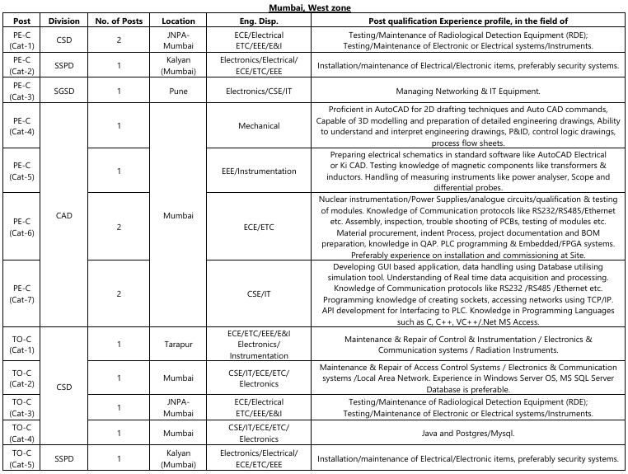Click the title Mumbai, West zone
click(314, 6)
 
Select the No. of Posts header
click(120, 20)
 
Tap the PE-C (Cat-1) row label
click(22, 40)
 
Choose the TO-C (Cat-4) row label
click(22, 432)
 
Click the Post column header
click(22, 20)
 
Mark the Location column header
click(179, 20)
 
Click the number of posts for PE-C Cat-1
click(120, 40)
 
